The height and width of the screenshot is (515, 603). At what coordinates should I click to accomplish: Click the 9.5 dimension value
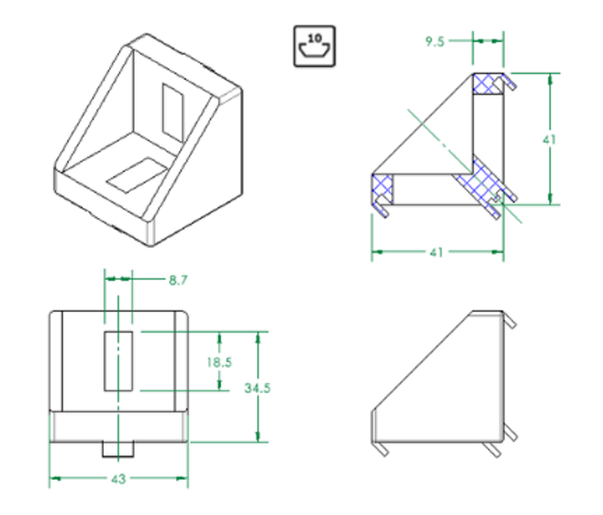tap(435, 42)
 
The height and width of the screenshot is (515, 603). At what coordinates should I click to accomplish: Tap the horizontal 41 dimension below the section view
tap(437, 252)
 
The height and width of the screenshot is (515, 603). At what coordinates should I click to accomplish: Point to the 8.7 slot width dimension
tap(178, 280)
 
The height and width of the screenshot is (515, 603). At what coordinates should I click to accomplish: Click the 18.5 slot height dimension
tap(219, 362)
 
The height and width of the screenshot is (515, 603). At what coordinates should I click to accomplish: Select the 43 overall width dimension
tap(119, 478)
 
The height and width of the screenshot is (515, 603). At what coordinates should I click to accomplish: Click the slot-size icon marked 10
tap(314, 47)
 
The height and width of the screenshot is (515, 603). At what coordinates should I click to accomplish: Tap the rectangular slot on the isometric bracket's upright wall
tap(173, 111)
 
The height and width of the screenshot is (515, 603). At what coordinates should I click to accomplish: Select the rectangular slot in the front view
tap(119, 361)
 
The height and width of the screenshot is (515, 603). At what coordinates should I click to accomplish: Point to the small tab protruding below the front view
tap(118, 448)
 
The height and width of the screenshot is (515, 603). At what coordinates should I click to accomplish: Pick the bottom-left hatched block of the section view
tap(382, 187)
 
